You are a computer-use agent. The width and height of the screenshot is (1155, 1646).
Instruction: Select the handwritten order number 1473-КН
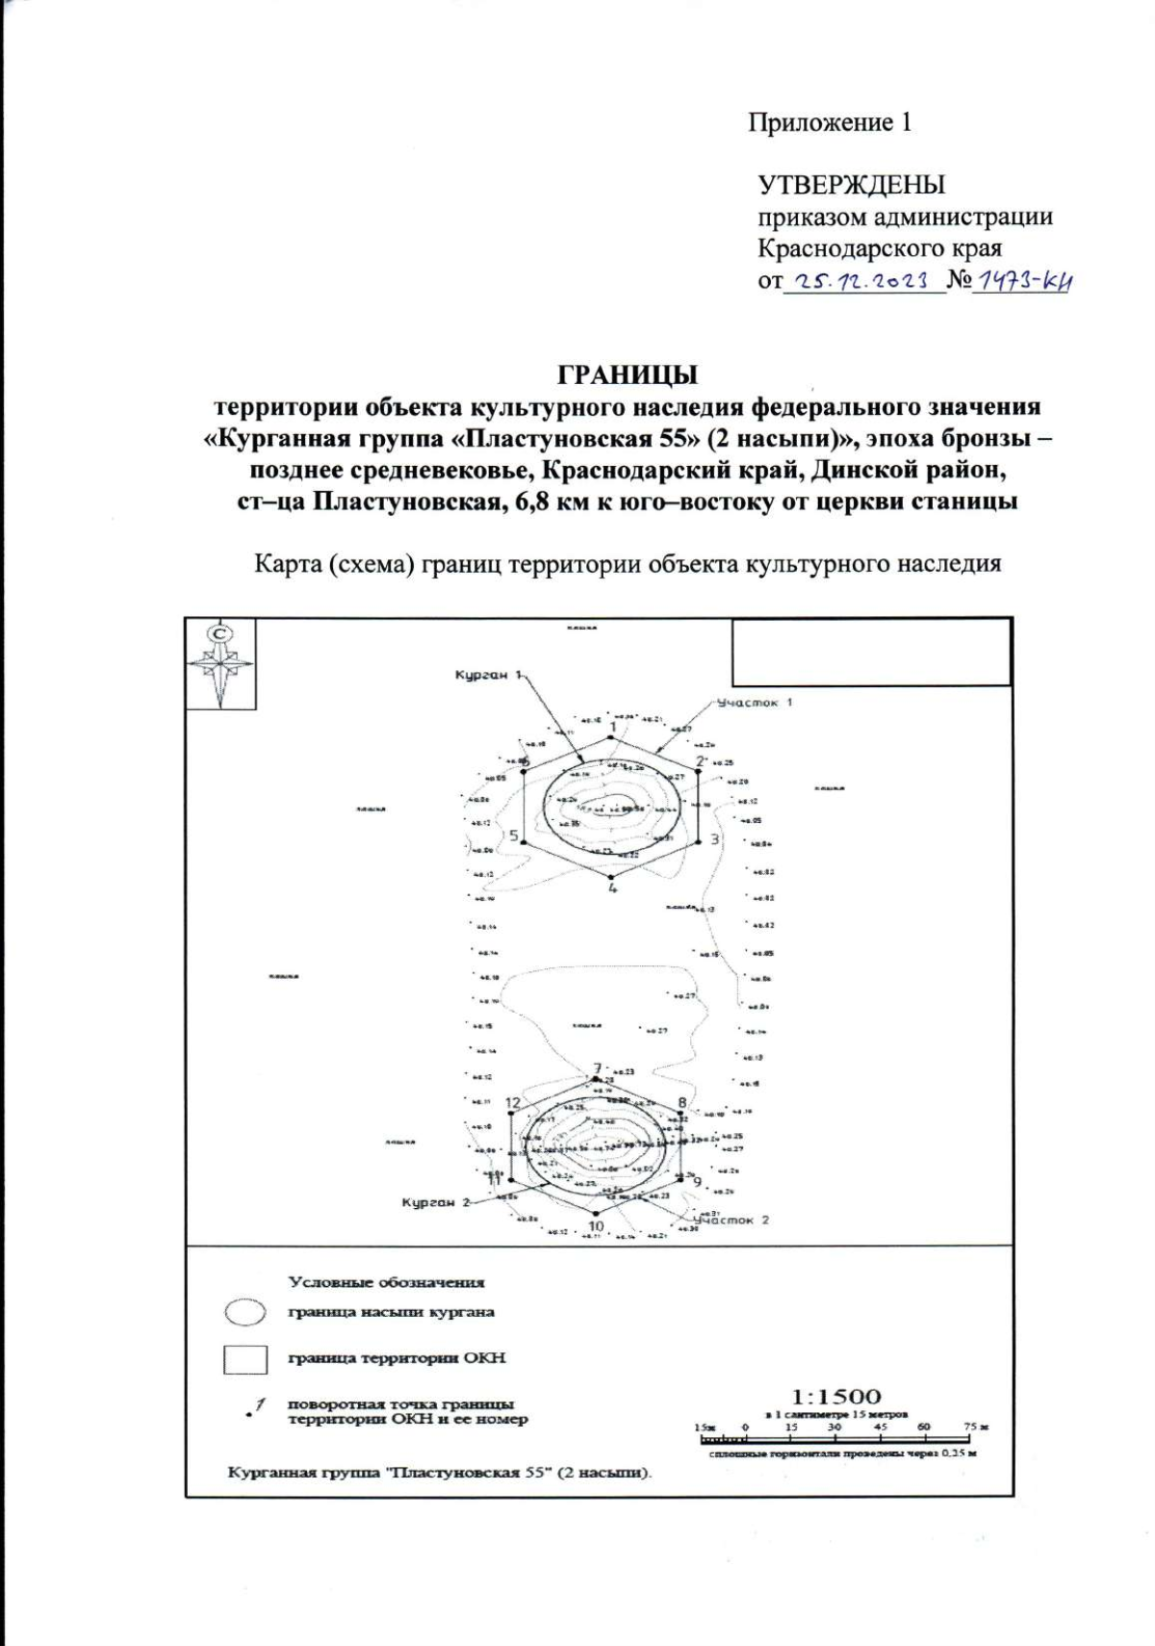tap(1022, 281)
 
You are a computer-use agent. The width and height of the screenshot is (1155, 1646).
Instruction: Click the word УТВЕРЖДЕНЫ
tap(851, 184)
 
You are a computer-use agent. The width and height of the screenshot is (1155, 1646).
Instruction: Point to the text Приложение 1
tap(830, 122)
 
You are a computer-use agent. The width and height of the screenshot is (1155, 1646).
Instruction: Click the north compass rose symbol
tap(221, 663)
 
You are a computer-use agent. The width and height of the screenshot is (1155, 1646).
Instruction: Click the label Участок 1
tap(752, 703)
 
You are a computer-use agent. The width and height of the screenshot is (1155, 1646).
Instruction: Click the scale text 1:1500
tap(835, 1396)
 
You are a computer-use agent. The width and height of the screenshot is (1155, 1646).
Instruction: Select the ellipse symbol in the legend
tap(244, 1312)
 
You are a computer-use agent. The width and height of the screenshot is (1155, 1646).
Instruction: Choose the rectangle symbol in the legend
tap(244, 1359)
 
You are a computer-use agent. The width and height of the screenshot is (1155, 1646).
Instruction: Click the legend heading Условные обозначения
tap(387, 1282)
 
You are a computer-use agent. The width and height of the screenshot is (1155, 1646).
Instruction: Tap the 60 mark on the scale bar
tap(924, 1427)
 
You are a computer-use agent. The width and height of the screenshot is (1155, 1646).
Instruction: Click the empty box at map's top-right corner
tap(871, 652)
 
